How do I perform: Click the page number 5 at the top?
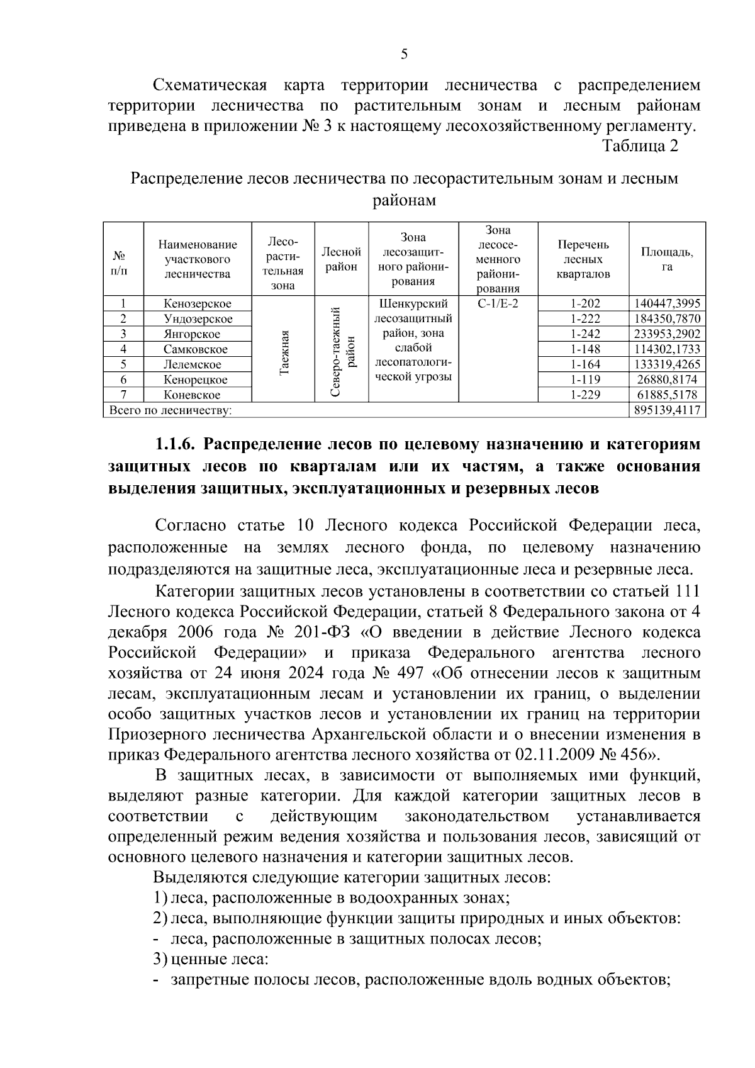(x=404, y=54)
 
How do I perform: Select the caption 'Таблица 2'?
(x=640, y=146)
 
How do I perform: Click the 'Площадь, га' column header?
(x=667, y=259)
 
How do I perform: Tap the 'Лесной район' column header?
(x=341, y=259)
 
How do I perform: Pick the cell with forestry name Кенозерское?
(x=198, y=304)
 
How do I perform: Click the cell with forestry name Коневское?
(x=192, y=395)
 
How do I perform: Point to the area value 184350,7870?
(x=667, y=319)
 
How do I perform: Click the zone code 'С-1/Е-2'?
(x=498, y=304)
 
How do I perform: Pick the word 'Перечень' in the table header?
(x=583, y=244)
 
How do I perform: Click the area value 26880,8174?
(x=667, y=379)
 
